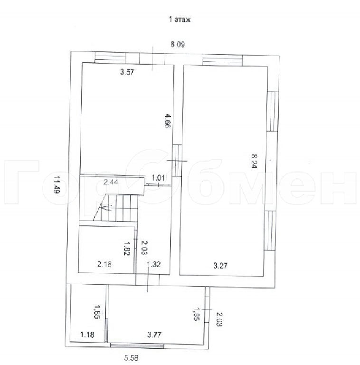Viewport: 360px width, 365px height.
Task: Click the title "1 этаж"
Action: (x=180, y=19)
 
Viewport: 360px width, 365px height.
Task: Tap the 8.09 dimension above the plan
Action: (x=178, y=44)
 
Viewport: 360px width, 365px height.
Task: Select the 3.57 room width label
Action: (x=127, y=72)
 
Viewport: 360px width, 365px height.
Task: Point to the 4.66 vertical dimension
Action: (x=168, y=121)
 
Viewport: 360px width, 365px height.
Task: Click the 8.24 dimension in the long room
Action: (x=254, y=160)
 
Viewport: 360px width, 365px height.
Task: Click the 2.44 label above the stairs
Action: (x=111, y=182)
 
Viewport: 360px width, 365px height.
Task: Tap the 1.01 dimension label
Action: (x=158, y=178)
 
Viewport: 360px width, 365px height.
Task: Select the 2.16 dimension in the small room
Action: (x=104, y=264)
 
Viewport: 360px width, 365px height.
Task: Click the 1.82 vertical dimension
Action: (x=127, y=248)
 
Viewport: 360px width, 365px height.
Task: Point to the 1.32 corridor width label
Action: (x=154, y=264)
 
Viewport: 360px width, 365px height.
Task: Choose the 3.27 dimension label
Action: (x=220, y=265)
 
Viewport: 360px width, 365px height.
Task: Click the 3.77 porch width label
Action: (x=154, y=335)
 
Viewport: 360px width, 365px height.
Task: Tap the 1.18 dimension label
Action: (x=87, y=335)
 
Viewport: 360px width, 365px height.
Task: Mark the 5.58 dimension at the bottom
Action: (x=131, y=357)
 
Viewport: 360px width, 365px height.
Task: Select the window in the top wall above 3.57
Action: (x=110, y=58)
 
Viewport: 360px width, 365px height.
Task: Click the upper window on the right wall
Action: (x=272, y=111)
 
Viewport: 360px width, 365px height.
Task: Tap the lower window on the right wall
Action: (x=270, y=231)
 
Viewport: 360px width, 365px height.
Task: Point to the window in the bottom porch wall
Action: (x=137, y=346)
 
